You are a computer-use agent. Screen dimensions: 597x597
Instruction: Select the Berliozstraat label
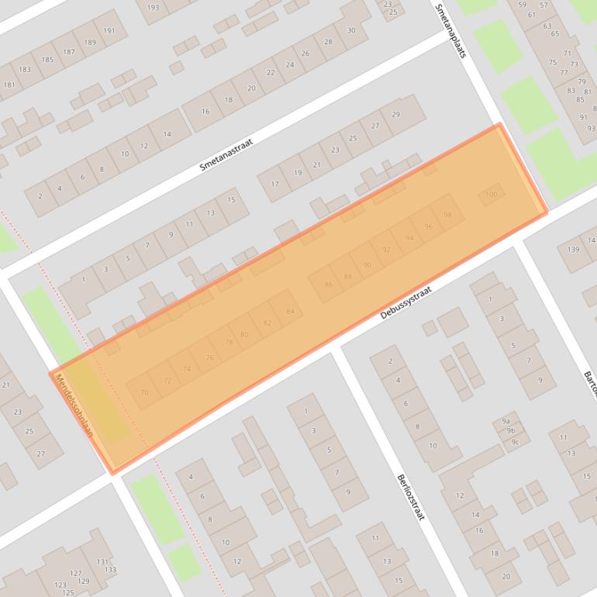click(x=410, y=497)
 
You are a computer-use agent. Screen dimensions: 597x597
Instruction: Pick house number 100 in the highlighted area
click(x=491, y=195)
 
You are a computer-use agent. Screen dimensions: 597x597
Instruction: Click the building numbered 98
click(x=447, y=215)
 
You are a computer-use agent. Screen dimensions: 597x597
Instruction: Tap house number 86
click(x=328, y=285)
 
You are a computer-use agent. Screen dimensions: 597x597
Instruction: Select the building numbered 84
click(x=290, y=312)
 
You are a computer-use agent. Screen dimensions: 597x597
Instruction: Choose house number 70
click(x=144, y=392)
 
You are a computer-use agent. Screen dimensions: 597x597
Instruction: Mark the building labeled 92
click(x=386, y=250)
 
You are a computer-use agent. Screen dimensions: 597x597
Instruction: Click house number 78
click(x=229, y=342)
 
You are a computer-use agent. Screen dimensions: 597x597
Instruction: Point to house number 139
click(x=573, y=250)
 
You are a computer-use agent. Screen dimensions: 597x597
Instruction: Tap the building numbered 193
click(x=153, y=8)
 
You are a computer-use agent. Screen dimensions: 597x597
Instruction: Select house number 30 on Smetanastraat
click(x=350, y=30)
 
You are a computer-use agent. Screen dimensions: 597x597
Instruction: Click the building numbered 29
click(x=395, y=115)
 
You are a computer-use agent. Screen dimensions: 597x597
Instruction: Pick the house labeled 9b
click(x=510, y=431)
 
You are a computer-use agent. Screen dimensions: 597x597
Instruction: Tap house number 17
click(x=274, y=185)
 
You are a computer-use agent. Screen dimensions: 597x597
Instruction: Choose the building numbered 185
click(x=47, y=60)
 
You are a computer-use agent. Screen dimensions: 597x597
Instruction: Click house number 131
click(x=102, y=561)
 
